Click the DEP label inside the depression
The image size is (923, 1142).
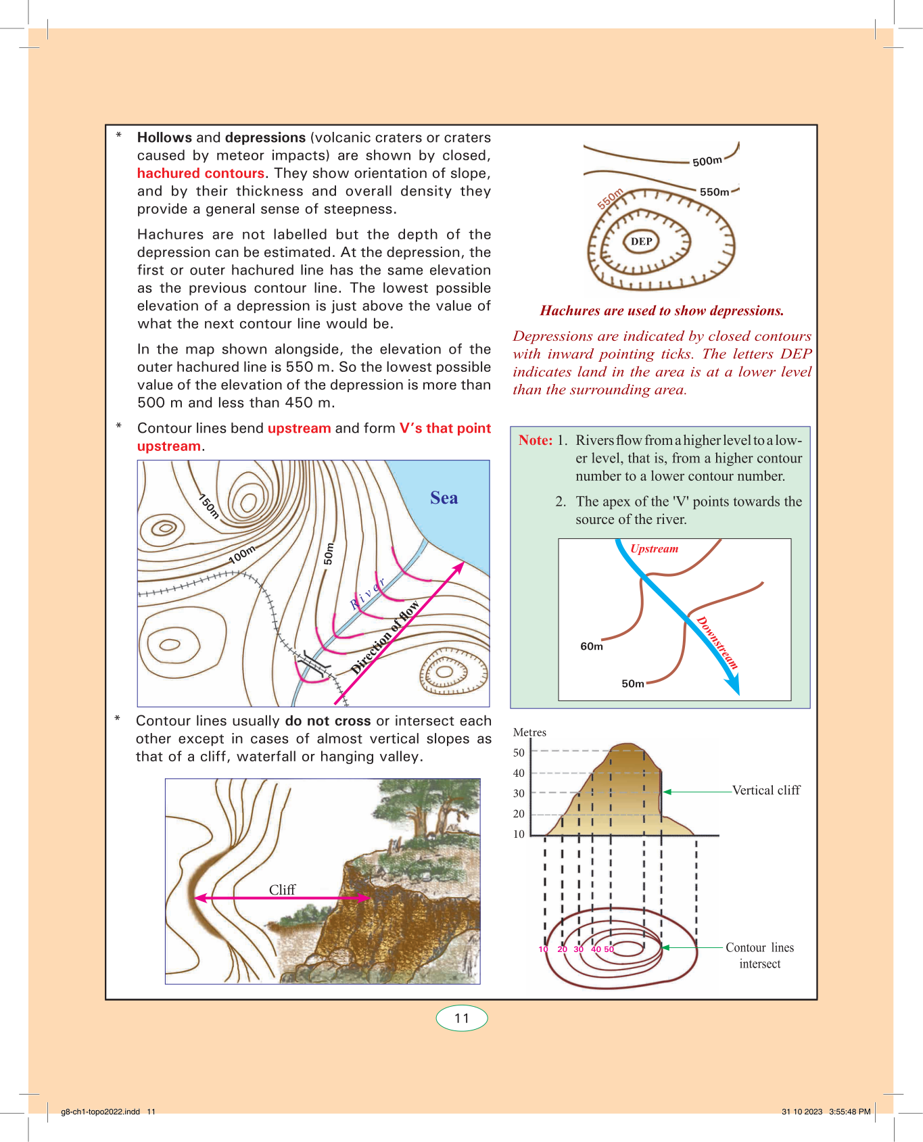click(641, 241)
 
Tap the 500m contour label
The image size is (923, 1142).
click(707, 161)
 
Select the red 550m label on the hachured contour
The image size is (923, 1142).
click(610, 199)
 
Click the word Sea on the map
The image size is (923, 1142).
click(444, 498)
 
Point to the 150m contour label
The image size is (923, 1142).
click(209, 506)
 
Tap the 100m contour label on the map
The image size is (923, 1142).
click(241, 554)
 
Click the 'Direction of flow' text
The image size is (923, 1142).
click(385, 637)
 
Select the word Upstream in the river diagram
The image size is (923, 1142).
click(654, 548)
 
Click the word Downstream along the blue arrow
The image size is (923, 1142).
click(717, 642)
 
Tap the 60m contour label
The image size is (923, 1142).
click(592, 646)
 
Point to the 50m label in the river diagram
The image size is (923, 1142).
click(633, 684)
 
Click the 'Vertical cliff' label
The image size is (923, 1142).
click(766, 790)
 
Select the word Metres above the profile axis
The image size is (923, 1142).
click(529, 732)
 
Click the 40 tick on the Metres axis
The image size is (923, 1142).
click(519, 773)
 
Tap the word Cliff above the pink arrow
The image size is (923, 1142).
click(282, 890)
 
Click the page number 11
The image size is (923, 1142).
click(462, 1018)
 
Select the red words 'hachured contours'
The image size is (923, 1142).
click(200, 173)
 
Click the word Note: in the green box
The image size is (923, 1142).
click(536, 440)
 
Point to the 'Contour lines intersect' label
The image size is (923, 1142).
click(759, 955)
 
